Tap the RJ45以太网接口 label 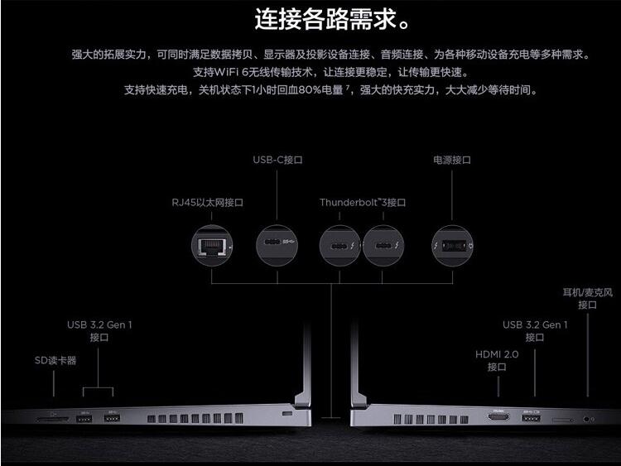click(x=202, y=202)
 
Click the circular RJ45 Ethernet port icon click(x=212, y=245)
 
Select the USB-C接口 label click(x=278, y=160)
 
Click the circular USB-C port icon click(x=278, y=245)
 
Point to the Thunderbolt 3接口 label click(x=363, y=202)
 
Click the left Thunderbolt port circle click(x=340, y=245)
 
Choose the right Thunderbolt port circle click(x=384, y=245)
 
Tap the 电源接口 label click(x=452, y=160)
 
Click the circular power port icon click(x=452, y=245)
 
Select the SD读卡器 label click(x=55, y=360)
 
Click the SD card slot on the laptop click(x=52, y=419)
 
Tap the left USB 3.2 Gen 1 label click(x=99, y=331)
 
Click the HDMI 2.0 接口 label click(x=497, y=360)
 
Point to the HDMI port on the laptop click(x=498, y=419)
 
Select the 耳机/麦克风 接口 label click(x=588, y=298)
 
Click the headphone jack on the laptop click(x=588, y=419)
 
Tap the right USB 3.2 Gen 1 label click(x=535, y=331)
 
